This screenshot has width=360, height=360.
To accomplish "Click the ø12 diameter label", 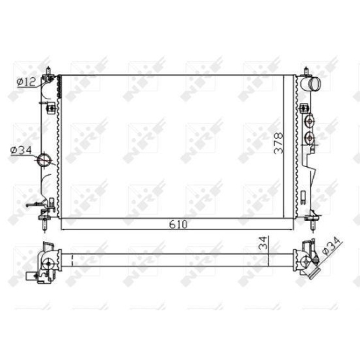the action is pos(26,82).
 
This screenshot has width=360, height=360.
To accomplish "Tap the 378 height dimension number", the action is pos(279,143).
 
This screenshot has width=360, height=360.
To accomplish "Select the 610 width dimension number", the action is pos(178,225).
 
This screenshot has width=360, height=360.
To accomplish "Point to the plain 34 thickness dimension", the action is pos(264,243).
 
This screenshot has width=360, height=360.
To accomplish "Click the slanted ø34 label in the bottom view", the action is pos(330,246).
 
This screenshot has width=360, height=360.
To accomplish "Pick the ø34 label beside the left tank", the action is pos(21,150).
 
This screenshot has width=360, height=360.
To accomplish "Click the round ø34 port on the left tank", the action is pos(45,160).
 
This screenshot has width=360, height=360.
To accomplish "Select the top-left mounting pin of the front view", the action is pos(48,71).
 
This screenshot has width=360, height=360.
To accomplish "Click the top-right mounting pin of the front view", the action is pos(307,71).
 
